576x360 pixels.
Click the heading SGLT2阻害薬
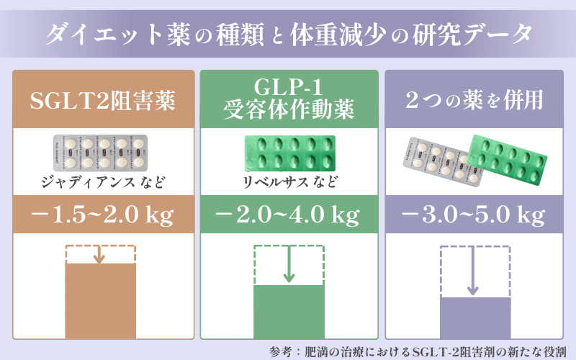[x=103, y=100]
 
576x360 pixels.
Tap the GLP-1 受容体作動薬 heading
[x=289, y=99]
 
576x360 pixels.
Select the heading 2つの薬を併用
[x=474, y=99]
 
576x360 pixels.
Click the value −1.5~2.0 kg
[x=103, y=215]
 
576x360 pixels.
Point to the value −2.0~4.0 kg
[x=287, y=215]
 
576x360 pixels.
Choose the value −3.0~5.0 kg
[x=474, y=215]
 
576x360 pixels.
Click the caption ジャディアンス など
[x=103, y=182]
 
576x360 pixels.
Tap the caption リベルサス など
[x=290, y=182]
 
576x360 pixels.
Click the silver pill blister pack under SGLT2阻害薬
[x=101, y=153]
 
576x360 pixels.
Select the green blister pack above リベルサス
[x=290, y=153]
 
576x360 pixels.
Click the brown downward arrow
[x=99, y=254]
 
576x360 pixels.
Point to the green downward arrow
[x=289, y=264]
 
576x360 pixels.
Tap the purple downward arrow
[x=473, y=271]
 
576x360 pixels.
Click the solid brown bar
[x=101, y=300]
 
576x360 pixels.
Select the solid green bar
[x=289, y=312]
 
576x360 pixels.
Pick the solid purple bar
[x=475, y=318]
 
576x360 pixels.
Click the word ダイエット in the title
[x=103, y=35]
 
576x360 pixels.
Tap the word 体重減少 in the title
[x=338, y=35]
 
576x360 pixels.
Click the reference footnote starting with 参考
[x=418, y=351]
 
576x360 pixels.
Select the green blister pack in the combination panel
[x=507, y=160]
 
